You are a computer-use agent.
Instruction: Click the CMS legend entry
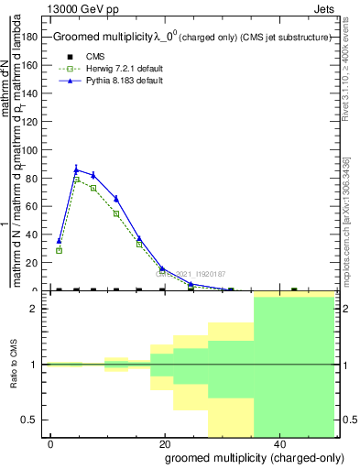pos(96,57)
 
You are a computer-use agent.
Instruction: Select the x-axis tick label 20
pos(165,444)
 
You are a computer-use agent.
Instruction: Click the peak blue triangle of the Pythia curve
pos(77,169)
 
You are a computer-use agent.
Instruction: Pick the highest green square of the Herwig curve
pos(77,180)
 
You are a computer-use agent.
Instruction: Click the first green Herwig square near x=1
pos(59,250)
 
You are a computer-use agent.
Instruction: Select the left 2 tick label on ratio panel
pos(34,309)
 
